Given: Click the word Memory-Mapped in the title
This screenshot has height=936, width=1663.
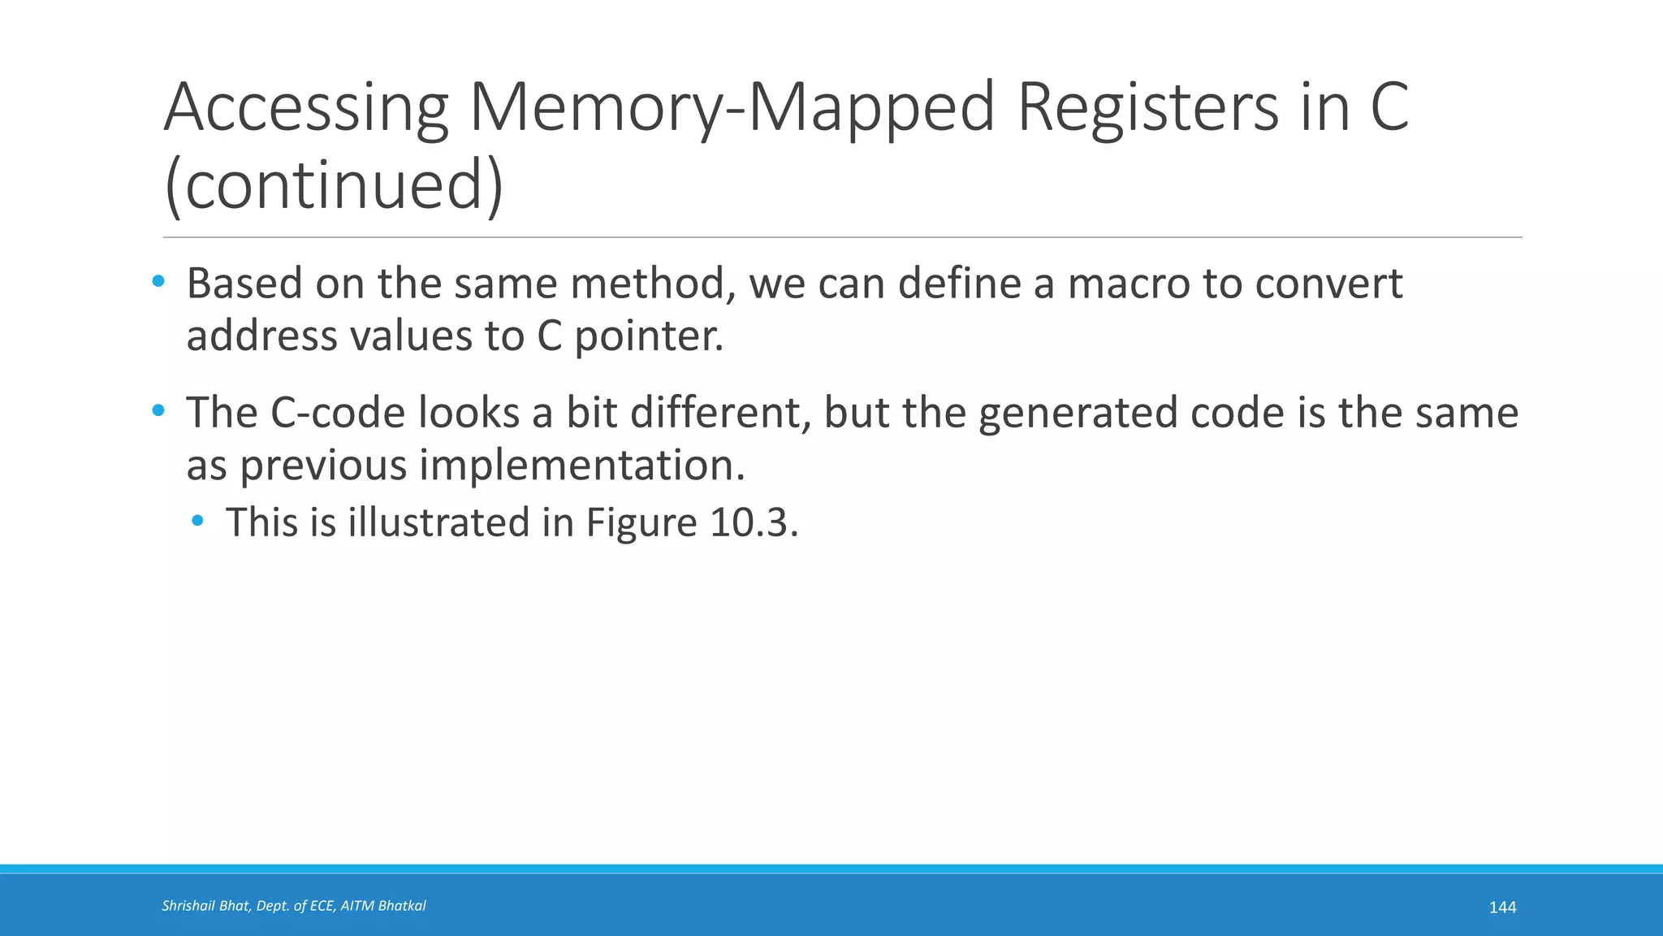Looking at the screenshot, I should (x=732, y=108).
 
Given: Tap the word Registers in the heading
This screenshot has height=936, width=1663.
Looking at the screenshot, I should (x=1147, y=108).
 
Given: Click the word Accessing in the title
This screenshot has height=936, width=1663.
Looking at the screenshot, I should (x=306, y=108).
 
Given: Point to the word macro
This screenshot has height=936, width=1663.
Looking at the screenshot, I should (x=1127, y=284).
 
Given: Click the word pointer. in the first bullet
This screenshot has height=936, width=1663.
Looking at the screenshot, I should (x=649, y=336).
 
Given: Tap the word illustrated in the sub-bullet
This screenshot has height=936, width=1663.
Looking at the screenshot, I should (x=438, y=522).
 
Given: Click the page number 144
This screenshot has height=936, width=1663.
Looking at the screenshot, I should (x=1502, y=908).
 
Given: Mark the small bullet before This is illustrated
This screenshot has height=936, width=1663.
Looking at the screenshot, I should (x=197, y=521).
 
